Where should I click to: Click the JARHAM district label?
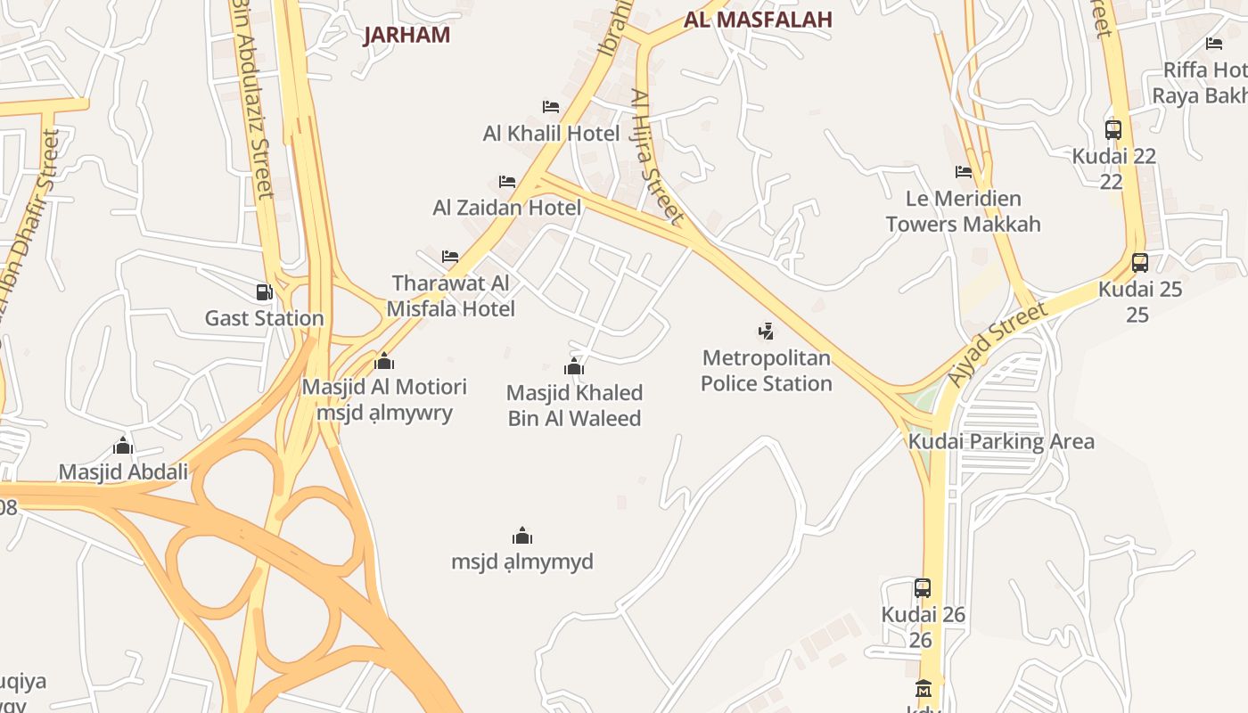pos(406,35)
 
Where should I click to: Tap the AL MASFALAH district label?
pos(758,19)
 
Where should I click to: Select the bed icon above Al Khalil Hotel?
pos(551,107)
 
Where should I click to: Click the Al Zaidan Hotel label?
pos(506,208)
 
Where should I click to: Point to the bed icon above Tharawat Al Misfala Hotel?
pos(450,257)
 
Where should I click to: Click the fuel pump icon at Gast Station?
pos(264,291)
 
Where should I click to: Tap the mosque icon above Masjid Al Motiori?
pos(384,361)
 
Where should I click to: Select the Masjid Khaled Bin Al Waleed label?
pos(574,406)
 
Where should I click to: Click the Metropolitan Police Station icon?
pos(766,332)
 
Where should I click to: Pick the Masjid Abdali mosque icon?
pos(123,446)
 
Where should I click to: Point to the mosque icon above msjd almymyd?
pos(522,536)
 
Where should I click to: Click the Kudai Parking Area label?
pos(1001,441)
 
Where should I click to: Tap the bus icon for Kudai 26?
pos(923,588)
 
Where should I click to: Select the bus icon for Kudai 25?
pos(1140,262)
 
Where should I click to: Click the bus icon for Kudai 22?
pos(1113,129)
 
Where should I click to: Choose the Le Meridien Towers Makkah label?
pos(963,211)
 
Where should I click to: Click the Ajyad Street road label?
pos(997,344)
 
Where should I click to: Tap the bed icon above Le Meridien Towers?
pos(964,172)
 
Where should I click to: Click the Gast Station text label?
pos(264,318)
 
